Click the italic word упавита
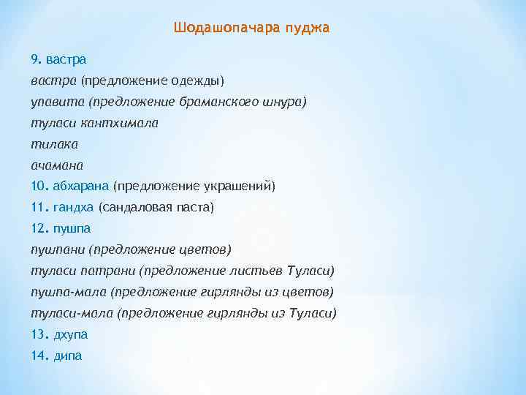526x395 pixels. click(x=53, y=102)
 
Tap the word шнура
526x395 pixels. click(x=280, y=102)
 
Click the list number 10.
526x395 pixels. click(x=39, y=186)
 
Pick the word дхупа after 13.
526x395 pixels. click(x=70, y=335)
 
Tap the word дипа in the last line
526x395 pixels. click(x=68, y=356)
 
